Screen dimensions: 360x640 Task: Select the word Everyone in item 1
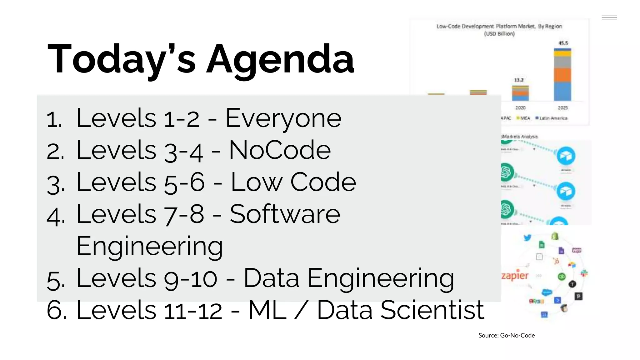283,119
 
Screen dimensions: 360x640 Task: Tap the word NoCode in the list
280,151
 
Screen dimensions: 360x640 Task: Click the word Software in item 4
285,214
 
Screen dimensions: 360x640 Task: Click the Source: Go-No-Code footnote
506,335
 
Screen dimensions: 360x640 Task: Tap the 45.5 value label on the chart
563,43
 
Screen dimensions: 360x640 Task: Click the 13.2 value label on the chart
519,80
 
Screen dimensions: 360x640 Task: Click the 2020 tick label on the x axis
520,108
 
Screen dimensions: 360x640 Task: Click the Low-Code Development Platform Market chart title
499,27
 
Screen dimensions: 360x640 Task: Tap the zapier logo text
515,275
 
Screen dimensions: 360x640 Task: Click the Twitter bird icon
527,238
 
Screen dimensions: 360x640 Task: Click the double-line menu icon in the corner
609,17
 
